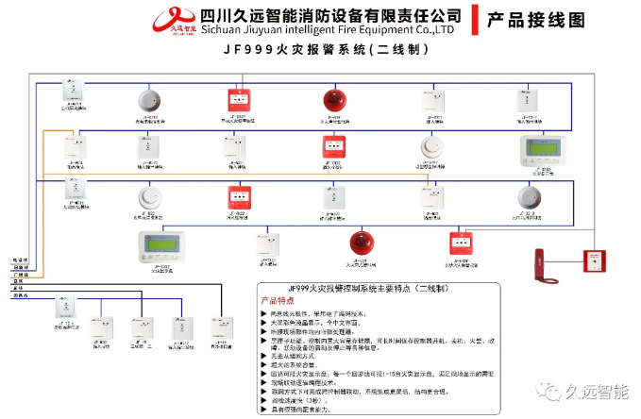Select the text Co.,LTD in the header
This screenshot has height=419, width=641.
point(438,29)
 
